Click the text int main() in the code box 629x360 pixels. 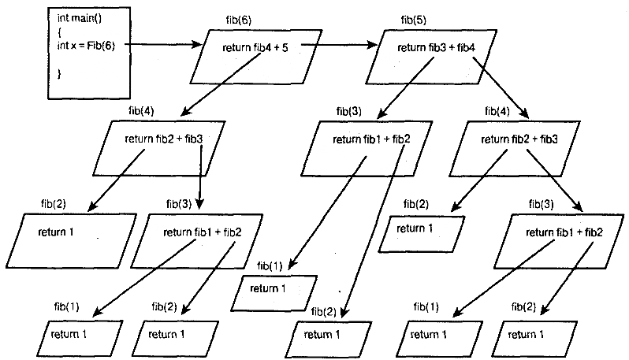(x=76, y=17)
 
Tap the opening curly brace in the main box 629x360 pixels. (x=59, y=32)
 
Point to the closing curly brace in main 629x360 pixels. (x=59, y=73)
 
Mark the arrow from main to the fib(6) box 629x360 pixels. (x=162, y=45)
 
